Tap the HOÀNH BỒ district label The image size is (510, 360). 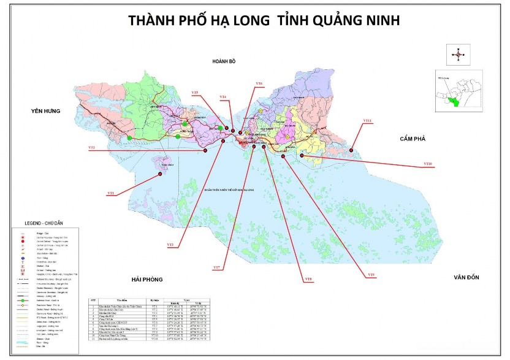pyautogui.click(x=224, y=62)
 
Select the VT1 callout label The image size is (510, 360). pyautogui.click(x=111, y=193)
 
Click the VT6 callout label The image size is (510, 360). pyautogui.click(x=259, y=83)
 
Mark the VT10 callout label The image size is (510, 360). pyautogui.click(x=428, y=164)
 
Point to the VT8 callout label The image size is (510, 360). pyautogui.click(x=308, y=280)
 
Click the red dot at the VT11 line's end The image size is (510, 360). pyautogui.click(x=351, y=149)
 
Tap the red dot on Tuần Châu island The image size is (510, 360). pyautogui.click(x=161, y=174)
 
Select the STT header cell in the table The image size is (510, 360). pyautogui.click(x=94, y=300)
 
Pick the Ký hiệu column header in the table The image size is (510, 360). pyautogui.click(x=156, y=300)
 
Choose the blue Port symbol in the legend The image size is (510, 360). pyautogui.click(x=23, y=258)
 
